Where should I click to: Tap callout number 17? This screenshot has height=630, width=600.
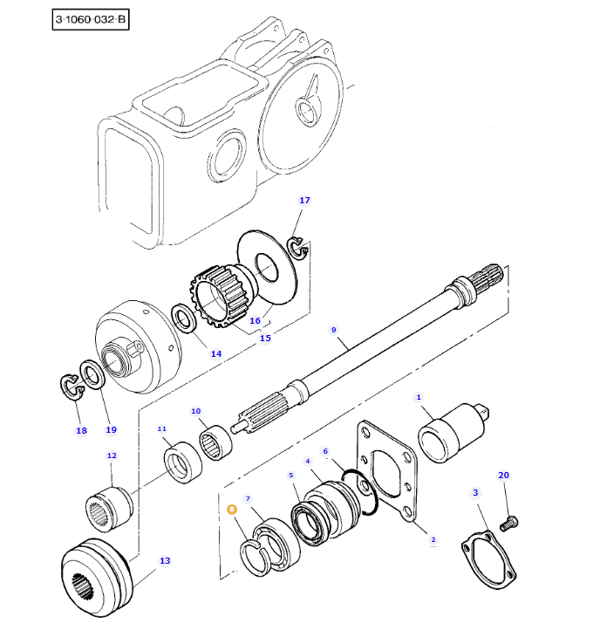tap(304, 201)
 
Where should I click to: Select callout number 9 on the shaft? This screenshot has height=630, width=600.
tap(333, 330)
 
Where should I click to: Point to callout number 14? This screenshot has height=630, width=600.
tap(215, 353)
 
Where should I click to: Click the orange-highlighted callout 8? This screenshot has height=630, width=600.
tap(231, 509)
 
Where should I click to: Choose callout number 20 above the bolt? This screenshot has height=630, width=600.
tap(503, 476)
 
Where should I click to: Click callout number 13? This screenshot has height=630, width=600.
tap(165, 561)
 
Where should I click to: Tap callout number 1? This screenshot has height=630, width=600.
tap(419, 397)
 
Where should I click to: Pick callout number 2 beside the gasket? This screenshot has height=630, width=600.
tap(433, 540)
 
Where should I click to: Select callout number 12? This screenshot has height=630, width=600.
tap(112, 455)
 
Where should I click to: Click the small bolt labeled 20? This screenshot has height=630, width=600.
tap(510, 523)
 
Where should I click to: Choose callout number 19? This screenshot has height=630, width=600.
tap(111, 429)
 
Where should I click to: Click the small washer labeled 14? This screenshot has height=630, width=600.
tap(186, 318)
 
